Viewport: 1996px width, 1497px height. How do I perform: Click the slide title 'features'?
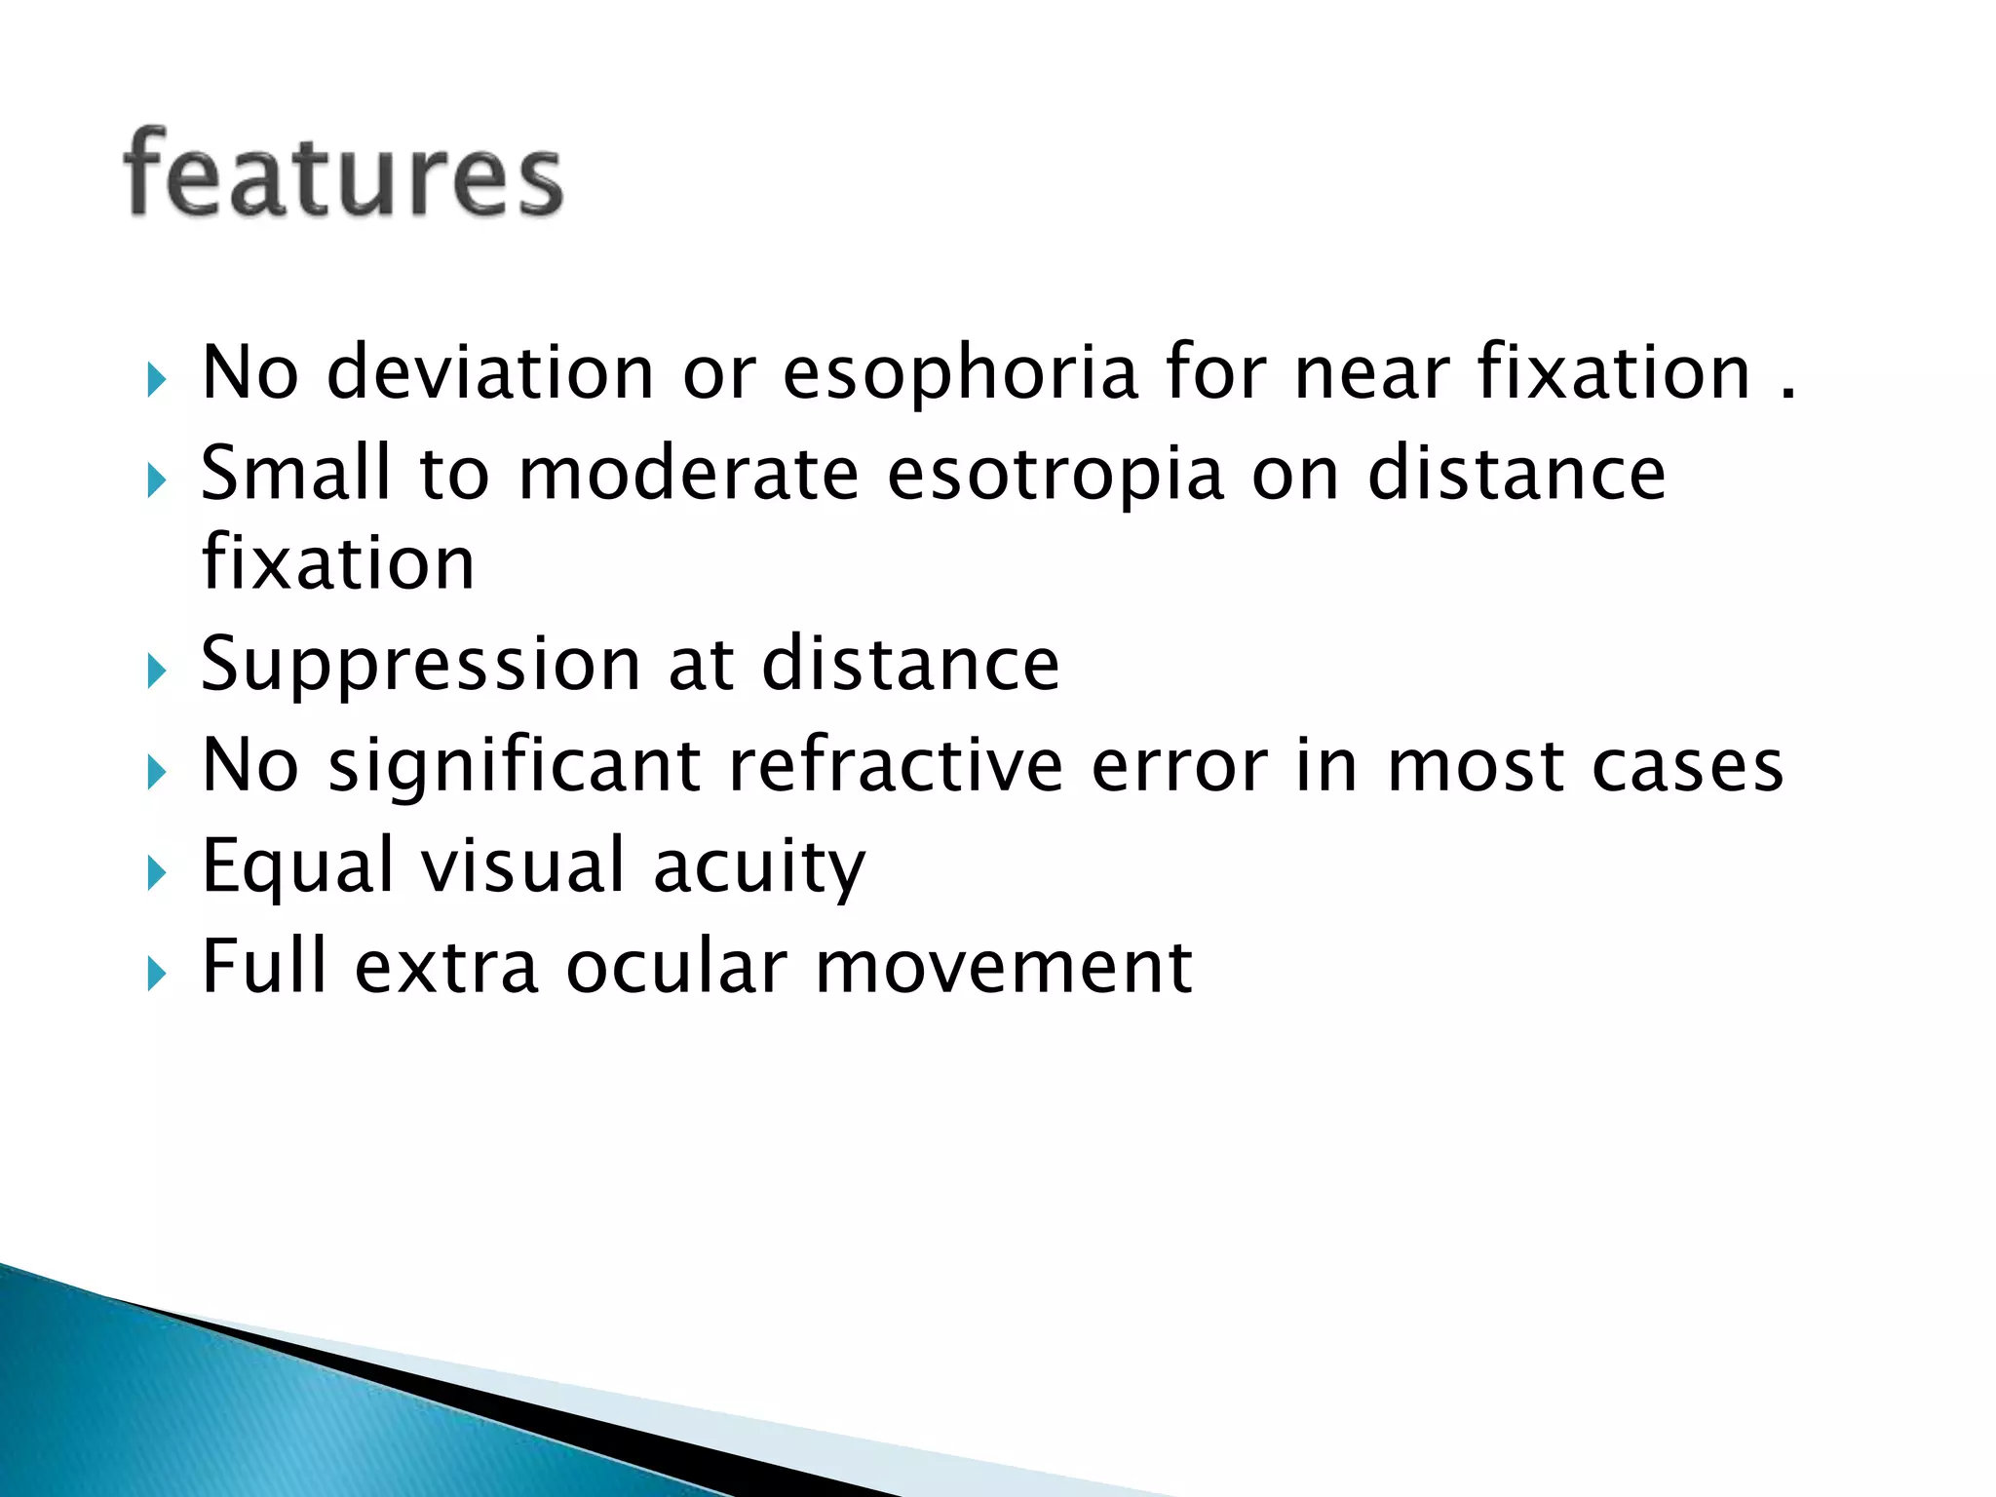tap(343, 175)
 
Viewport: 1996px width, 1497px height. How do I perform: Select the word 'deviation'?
tap(489, 373)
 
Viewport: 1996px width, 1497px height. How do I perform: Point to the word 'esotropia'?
tap(1055, 475)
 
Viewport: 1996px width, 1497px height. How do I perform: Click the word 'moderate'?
tap(688, 475)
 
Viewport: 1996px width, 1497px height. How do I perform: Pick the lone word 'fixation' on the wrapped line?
tap(337, 563)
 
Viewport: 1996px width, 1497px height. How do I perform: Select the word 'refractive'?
tap(896, 766)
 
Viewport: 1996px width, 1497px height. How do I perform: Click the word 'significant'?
tap(515, 768)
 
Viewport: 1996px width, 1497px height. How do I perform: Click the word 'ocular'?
tap(676, 967)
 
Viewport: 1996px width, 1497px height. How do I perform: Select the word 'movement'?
tap(1003, 967)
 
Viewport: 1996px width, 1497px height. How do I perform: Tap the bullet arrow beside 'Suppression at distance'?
tap(157, 672)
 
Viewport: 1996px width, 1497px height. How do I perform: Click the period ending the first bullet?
tap(1786, 396)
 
